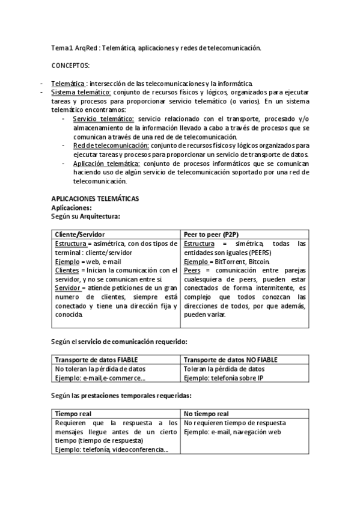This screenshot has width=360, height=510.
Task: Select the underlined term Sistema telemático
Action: [x=81, y=93]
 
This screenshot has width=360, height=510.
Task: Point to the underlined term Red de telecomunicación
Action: [x=111, y=146]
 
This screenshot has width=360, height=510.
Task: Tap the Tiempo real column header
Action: [x=73, y=414]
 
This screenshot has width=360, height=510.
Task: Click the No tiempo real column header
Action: [x=206, y=414]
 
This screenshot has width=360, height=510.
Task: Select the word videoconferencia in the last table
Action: [x=141, y=449]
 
